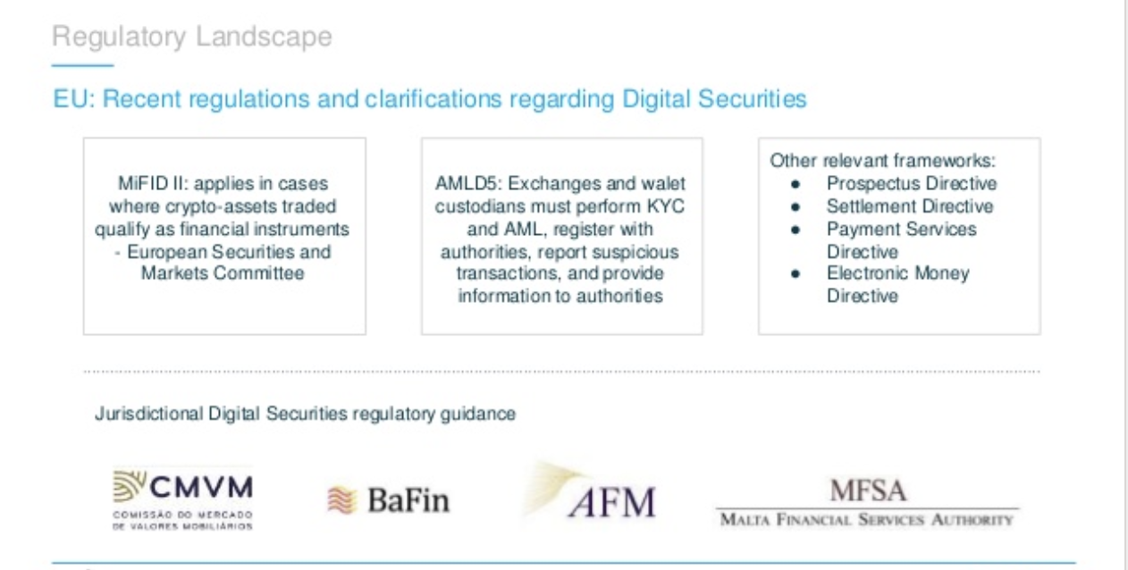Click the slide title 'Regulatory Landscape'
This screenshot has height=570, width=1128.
click(192, 38)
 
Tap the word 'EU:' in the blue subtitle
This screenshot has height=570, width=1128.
click(74, 98)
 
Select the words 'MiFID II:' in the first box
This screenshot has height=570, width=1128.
click(153, 183)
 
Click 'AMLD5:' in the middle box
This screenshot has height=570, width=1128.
click(468, 183)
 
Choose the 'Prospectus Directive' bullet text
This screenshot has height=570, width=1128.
click(912, 183)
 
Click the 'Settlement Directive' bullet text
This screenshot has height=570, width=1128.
click(909, 206)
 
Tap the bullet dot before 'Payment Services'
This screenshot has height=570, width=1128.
click(795, 230)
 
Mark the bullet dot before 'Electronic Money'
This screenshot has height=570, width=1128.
click(795, 274)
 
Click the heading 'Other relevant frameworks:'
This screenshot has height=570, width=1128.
click(883, 161)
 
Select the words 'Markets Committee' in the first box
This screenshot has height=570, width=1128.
click(223, 272)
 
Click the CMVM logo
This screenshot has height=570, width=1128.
click(183, 499)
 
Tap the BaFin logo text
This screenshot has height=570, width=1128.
click(408, 500)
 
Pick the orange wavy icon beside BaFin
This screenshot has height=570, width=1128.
click(342, 500)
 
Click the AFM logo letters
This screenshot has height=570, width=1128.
click(612, 502)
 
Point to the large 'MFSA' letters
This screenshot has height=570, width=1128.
click(868, 490)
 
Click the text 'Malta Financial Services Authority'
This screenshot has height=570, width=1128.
click(867, 520)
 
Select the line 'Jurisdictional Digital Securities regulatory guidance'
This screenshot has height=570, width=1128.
click(305, 414)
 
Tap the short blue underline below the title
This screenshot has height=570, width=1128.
click(82, 65)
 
